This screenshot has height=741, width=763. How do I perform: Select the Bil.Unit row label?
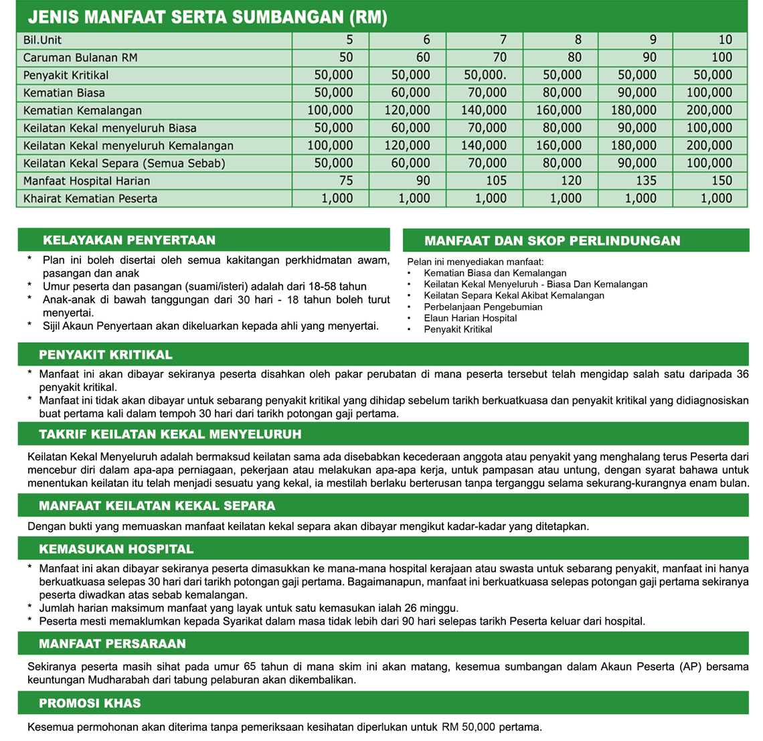point(42,40)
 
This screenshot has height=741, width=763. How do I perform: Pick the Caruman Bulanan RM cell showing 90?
point(649,58)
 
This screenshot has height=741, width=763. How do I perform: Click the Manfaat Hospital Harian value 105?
point(492,181)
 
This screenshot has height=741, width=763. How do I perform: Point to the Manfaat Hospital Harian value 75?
point(345,181)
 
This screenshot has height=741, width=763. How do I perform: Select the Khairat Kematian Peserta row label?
point(90,198)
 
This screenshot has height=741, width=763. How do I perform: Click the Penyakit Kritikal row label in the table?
point(66,75)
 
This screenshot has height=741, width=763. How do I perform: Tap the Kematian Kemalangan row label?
point(82,110)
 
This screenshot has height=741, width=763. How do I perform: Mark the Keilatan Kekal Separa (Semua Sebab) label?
point(124,163)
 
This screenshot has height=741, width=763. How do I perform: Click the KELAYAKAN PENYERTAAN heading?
point(129,240)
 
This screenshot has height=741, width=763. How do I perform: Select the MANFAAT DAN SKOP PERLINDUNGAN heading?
point(552,241)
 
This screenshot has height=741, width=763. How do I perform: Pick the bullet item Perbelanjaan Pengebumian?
point(483,307)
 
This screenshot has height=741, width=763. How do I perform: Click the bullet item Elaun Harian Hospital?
point(471,318)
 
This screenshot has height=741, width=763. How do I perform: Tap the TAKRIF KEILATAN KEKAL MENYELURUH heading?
point(170,434)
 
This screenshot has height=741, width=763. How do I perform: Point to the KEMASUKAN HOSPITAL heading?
point(116,550)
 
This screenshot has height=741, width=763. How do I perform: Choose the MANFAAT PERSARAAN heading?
point(112,644)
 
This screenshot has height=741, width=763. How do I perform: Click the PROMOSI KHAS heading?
point(90,704)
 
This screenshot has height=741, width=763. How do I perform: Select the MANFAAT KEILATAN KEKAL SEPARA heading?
point(157,506)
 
